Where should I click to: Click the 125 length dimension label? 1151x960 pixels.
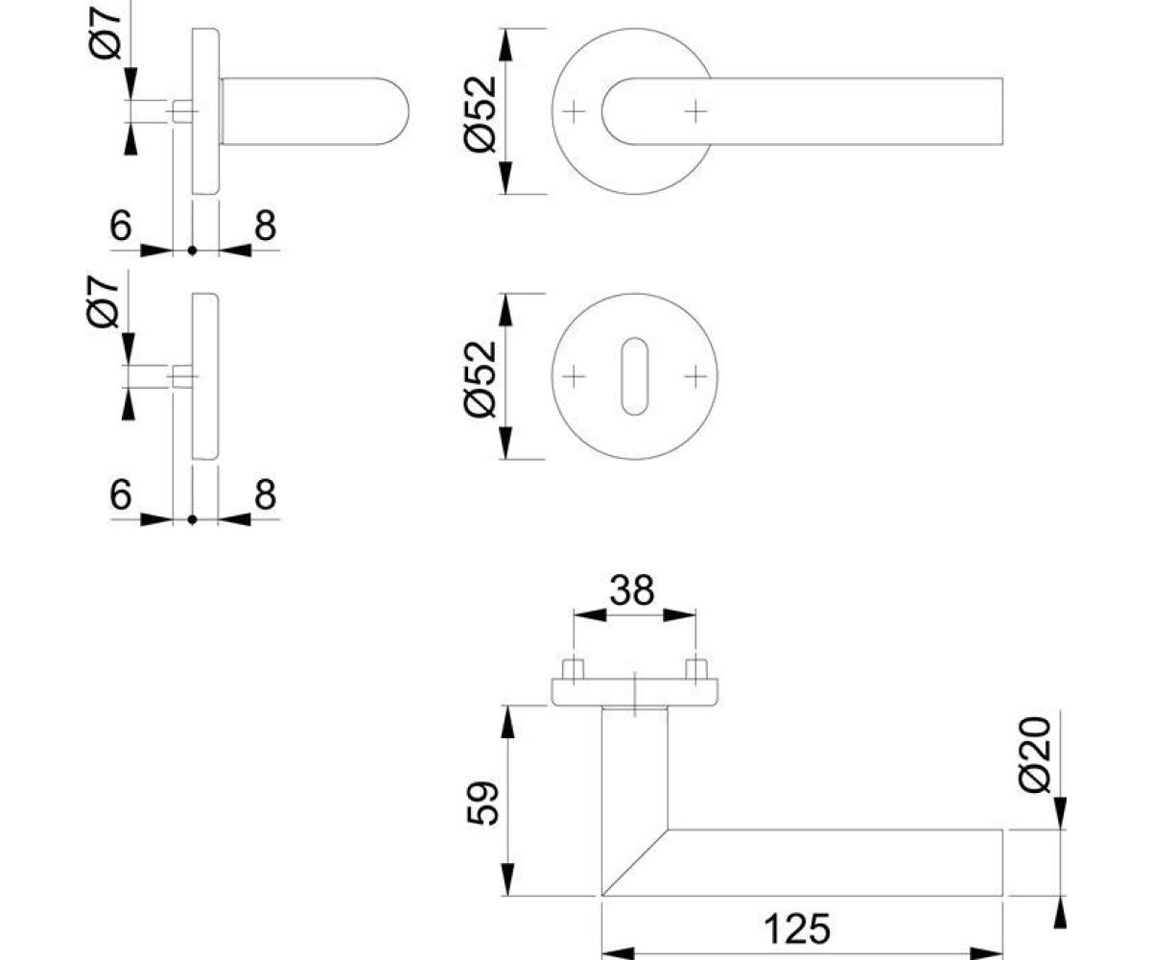tap(796, 928)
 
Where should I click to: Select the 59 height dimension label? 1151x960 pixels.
tap(482, 803)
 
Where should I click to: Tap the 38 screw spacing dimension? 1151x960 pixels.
tap(632, 589)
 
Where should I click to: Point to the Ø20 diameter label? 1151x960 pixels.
tap(1035, 755)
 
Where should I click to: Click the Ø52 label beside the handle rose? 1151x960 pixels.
tap(481, 113)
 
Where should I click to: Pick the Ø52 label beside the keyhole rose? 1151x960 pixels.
tap(481, 378)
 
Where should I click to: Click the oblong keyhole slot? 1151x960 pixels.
tap(634, 376)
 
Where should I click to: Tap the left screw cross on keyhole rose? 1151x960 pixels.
tap(574, 377)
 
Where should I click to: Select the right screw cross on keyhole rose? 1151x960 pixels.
tap(695, 377)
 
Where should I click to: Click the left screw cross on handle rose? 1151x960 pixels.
tap(574, 112)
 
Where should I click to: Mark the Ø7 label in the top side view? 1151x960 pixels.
tap(105, 32)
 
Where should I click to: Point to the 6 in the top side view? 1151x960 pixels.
tap(121, 225)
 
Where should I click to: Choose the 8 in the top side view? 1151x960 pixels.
tap(265, 225)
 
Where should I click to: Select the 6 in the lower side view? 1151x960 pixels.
tap(121, 494)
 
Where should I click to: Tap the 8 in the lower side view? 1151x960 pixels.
tap(265, 494)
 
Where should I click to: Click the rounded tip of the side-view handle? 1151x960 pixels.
tap(408, 111)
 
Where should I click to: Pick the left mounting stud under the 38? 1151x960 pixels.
tap(574, 669)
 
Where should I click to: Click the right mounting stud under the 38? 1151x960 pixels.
tap(696, 669)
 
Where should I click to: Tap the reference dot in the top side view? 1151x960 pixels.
tap(193, 251)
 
